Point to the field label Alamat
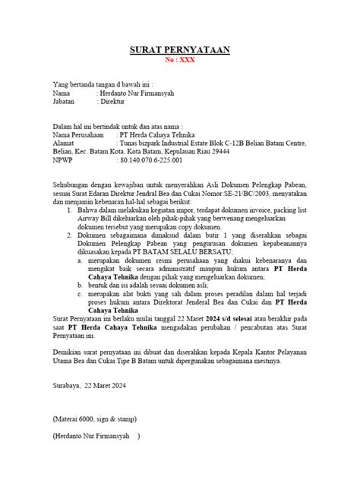click(64, 141)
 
